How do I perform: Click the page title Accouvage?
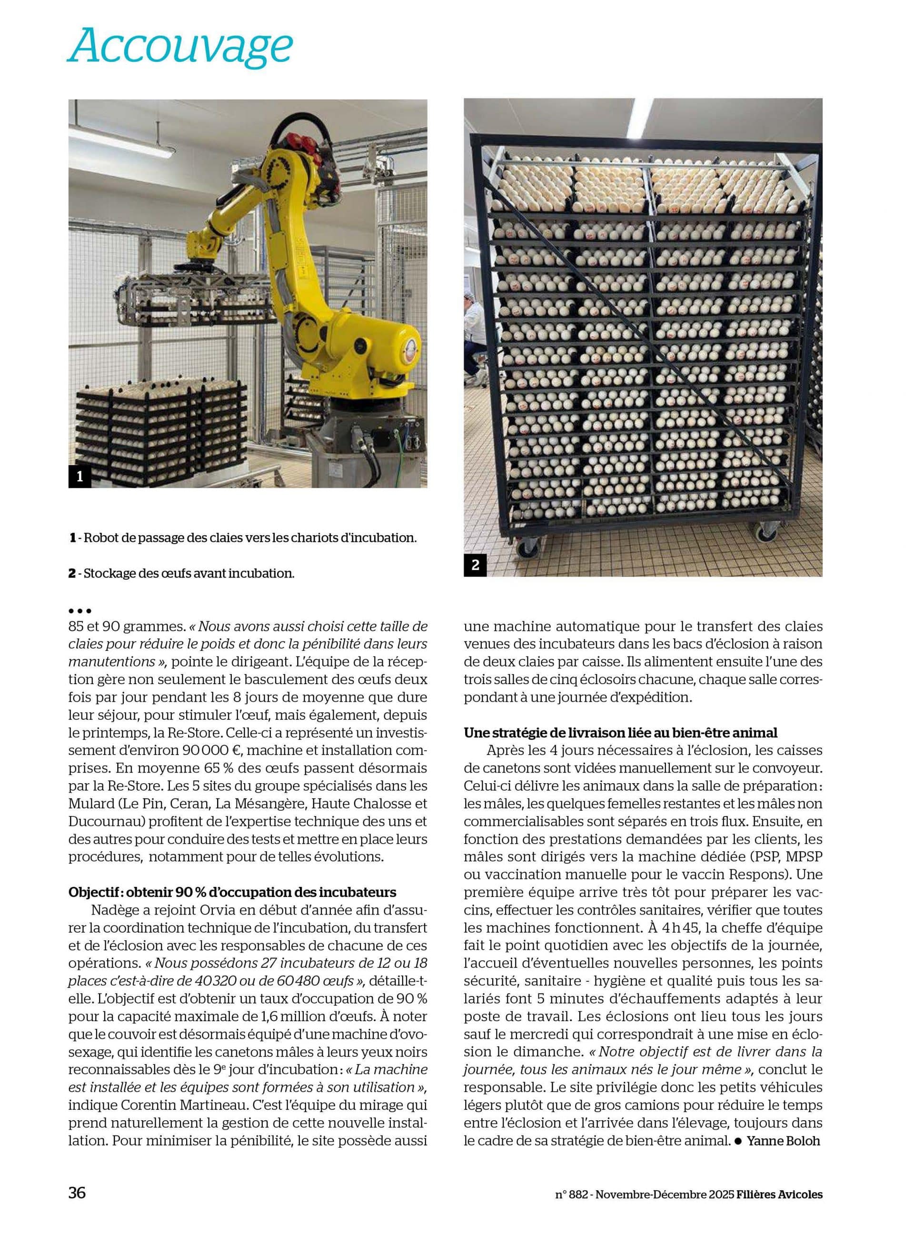click(x=180, y=48)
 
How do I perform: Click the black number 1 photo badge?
click(x=79, y=477)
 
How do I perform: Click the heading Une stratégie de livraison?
click(x=621, y=733)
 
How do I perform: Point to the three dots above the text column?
click(x=79, y=611)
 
